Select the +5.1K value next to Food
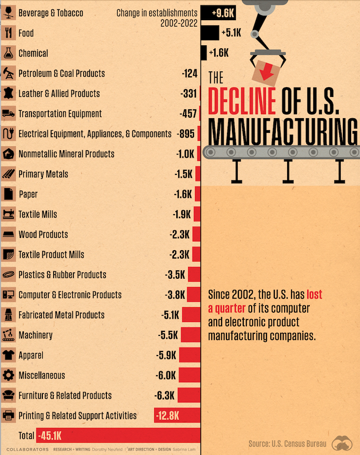tap(231, 33)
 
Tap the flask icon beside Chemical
tap(8, 53)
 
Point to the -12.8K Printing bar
tap(177, 416)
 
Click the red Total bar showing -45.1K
tap(118, 435)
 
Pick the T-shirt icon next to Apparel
tap(8, 355)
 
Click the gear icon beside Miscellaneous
tap(8, 375)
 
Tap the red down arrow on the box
tap(267, 72)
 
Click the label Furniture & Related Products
tap(65, 395)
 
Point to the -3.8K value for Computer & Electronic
tap(175, 295)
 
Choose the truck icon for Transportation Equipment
tap(8, 114)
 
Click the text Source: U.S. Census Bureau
tap(287, 443)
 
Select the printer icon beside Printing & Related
tap(8, 416)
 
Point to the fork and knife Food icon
tap(8, 33)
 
